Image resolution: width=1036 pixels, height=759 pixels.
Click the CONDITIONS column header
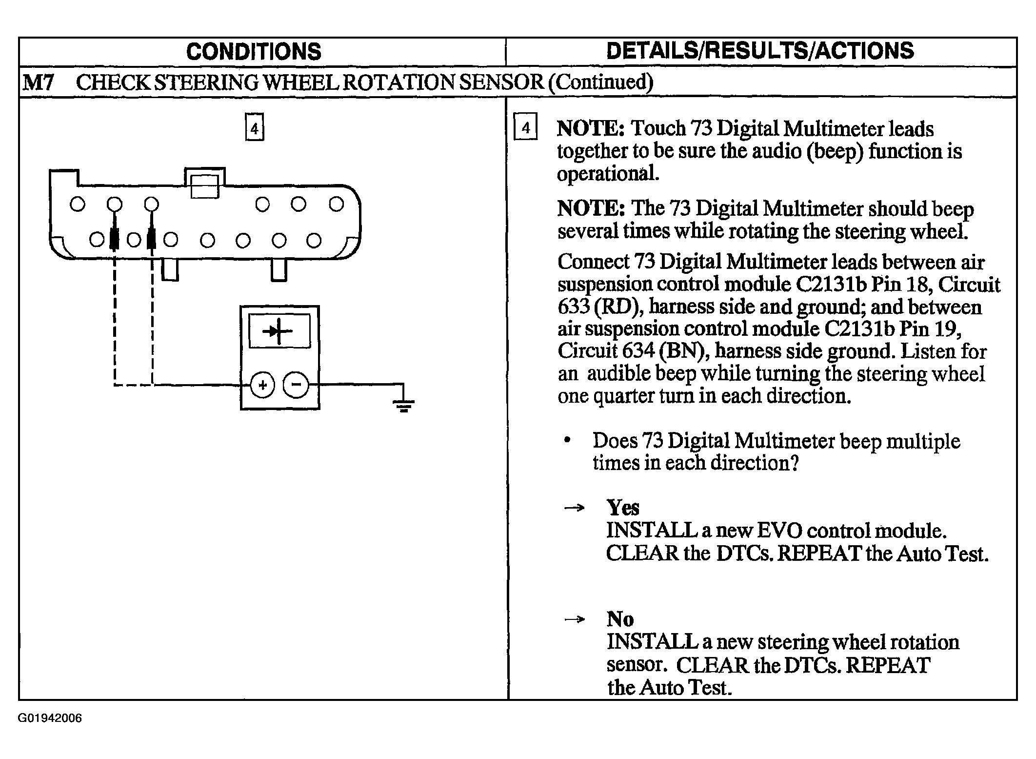[254, 51]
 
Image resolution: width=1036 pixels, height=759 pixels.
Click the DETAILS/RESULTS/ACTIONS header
[760, 51]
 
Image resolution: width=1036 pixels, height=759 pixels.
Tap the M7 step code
[38, 82]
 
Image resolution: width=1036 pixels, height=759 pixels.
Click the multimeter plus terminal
[263, 386]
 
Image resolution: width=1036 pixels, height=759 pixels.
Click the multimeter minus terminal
[296, 386]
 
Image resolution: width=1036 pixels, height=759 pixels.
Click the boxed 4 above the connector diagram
[254, 127]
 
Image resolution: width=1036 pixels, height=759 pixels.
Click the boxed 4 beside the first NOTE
[525, 127]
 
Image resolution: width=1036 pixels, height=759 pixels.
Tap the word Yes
[622, 508]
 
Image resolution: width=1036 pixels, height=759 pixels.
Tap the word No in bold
[620, 619]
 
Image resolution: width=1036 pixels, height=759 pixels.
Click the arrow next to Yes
[574, 508]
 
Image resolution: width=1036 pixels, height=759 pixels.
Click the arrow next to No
[574, 619]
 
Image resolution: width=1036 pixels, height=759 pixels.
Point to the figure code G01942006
[50, 718]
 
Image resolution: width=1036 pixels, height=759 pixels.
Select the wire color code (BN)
[685, 351]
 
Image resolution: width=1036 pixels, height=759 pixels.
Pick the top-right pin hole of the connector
[336, 204]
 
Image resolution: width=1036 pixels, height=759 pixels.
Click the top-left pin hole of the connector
[77, 204]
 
